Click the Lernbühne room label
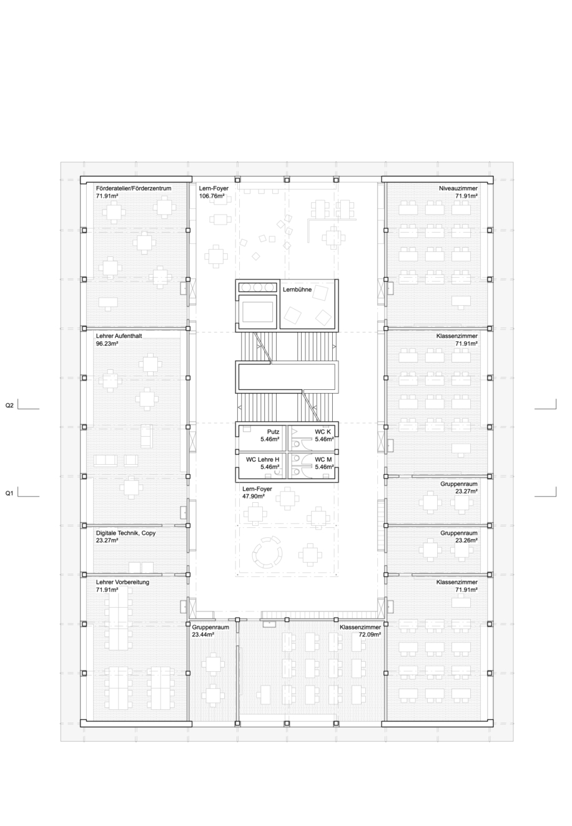pos(297,289)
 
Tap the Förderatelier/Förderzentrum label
pos(134,188)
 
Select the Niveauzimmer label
pos(458,188)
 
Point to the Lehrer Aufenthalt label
pos(119,336)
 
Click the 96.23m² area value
pos(107,344)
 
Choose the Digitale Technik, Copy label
pos(126,533)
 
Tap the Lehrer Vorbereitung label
pos(122,582)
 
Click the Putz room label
pos(273,432)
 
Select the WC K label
pos(323,432)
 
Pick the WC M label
pos(323,459)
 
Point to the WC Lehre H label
pos(263,459)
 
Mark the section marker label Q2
pos(9,406)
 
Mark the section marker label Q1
pos(9,493)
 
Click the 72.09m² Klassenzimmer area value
pos(370,634)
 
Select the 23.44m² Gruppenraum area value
pos(203,634)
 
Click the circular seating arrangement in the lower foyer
pos(267,553)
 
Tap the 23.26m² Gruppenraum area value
pos(466,541)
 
